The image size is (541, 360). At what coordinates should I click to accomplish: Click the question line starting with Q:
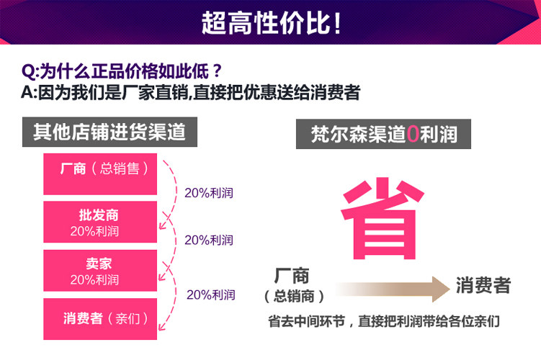122,72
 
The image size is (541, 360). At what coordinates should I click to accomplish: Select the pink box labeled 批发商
100,222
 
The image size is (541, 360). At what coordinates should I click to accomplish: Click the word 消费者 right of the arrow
483,286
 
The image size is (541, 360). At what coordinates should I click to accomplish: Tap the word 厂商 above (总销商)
292,276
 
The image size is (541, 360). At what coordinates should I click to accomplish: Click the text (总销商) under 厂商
292,296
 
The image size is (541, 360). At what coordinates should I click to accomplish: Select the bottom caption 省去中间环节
383,321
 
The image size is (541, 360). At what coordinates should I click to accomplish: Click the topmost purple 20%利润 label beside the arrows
209,193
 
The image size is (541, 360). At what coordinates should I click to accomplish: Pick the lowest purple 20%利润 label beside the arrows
210,294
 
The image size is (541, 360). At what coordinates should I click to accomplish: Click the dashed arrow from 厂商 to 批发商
171,193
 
